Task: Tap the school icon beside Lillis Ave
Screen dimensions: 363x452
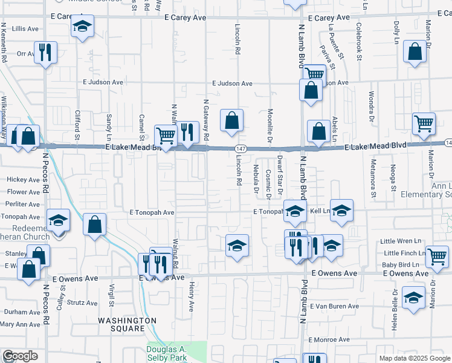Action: pyautogui.click(x=82, y=27)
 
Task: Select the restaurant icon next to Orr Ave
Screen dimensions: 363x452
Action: pyautogui.click(x=46, y=53)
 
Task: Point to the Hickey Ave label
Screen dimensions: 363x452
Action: pyautogui.click(x=23, y=180)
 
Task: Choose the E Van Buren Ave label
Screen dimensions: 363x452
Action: pyautogui.click(x=335, y=306)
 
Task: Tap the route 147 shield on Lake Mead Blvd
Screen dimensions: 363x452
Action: pyautogui.click(x=241, y=148)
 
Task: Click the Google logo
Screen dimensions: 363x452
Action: pyautogui.click(x=20, y=356)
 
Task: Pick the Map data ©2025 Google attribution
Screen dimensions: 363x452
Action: pyautogui.click(x=415, y=358)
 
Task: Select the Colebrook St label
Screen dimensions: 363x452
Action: pyautogui.click(x=359, y=41)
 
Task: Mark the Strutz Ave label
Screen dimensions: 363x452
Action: pyautogui.click(x=83, y=302)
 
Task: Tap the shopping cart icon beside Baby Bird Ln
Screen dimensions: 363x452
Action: pyautogui.click(x=437, y=257)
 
